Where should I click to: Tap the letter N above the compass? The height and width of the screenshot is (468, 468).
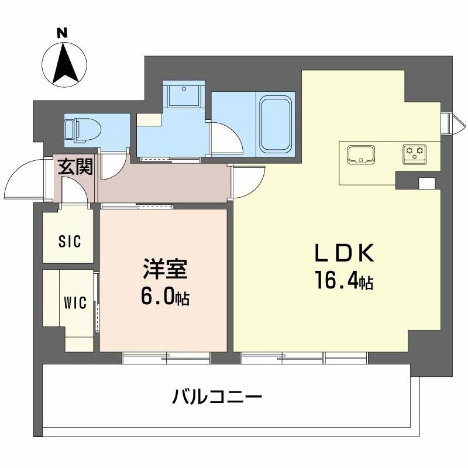61,33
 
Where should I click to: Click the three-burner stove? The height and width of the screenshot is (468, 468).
415,153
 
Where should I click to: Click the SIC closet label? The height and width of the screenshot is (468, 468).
69,240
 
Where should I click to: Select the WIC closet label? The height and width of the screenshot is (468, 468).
75,302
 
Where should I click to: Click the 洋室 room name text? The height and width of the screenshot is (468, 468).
164,271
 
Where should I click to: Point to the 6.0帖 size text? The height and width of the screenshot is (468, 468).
164,298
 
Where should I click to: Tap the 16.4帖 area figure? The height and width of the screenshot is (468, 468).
344,282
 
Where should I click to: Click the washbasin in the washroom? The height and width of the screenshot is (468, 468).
184,94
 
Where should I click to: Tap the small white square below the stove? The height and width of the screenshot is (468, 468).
427,183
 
